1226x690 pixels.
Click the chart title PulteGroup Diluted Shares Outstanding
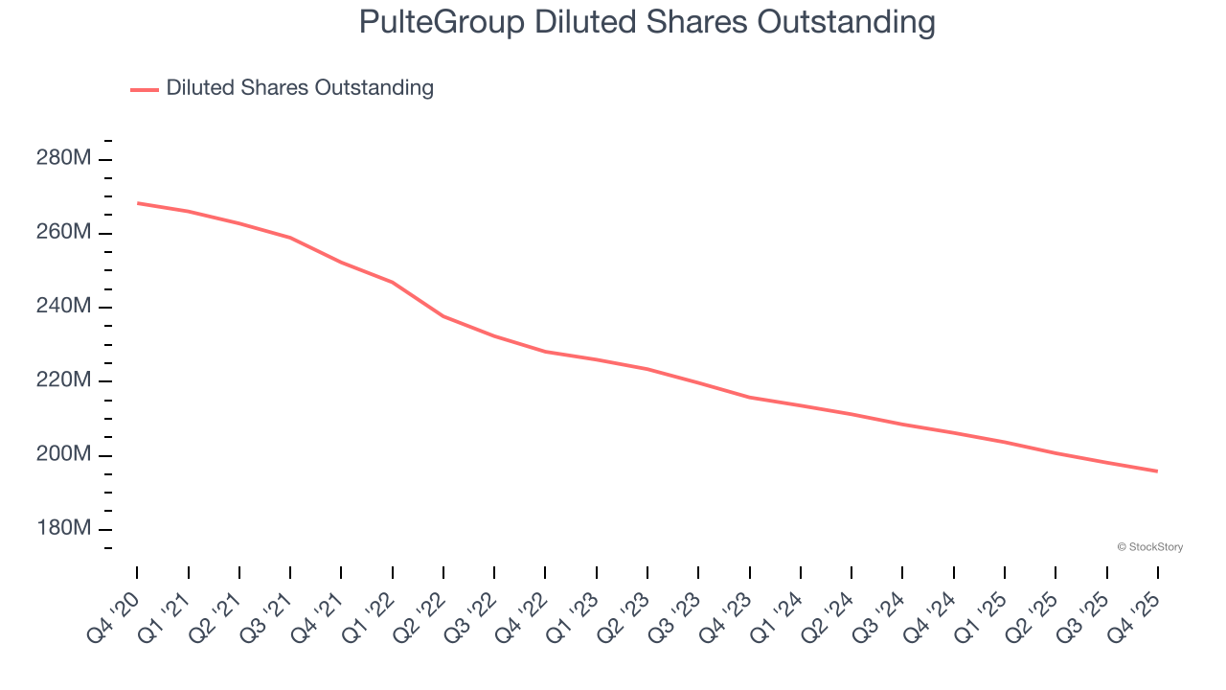click(647, 22)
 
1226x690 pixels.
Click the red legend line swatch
click(145, 89)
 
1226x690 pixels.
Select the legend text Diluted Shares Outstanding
click(300, 88)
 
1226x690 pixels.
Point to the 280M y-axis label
click(63, 158)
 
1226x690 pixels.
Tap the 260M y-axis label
click(63, 233)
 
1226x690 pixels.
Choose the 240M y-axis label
click(63, 307)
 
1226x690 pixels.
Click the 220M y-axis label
click(63, 380)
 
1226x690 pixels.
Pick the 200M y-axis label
click(63, 454)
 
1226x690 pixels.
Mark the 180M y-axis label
click(63, 529)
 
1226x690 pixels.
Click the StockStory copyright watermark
click(1149, 547)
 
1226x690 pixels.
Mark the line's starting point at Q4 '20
click(137, 203)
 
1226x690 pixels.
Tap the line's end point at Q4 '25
click(1158, 471)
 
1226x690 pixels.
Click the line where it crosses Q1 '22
click(393, 282)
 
